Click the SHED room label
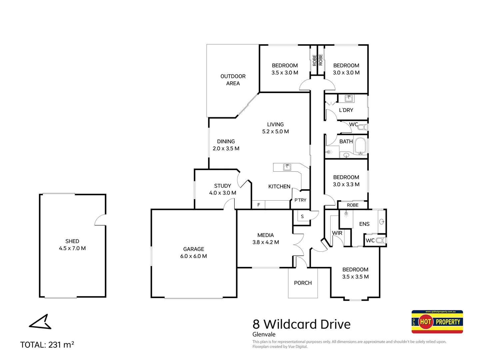(72, 241)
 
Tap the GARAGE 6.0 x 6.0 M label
(194, 253)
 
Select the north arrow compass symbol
(40, 322)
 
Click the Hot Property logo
(437, 322)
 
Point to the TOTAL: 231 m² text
(47, 345)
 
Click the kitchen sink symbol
(287, 167)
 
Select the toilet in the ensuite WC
(381, 240)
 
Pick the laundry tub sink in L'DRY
(349, 98)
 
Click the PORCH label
(303, 283)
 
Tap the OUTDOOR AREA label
(233, 80)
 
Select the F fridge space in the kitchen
(258, 205)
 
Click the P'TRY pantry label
(300, 200)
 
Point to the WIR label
(337, 233)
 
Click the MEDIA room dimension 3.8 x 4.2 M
(265, 242)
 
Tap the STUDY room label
(223, 186)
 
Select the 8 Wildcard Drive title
(301, 324)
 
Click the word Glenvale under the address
(264, 334)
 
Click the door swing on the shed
(100, 220)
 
